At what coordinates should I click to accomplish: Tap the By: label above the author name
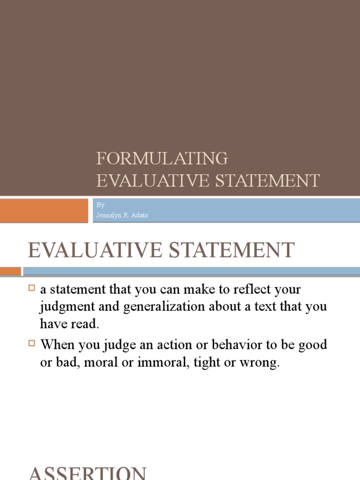point(101,205)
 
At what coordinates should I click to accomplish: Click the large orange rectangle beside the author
point(44,210)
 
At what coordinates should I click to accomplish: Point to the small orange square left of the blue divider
point(10,271)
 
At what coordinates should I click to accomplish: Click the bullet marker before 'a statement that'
point(32,288)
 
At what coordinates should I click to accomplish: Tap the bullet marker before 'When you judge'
point(32,343)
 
